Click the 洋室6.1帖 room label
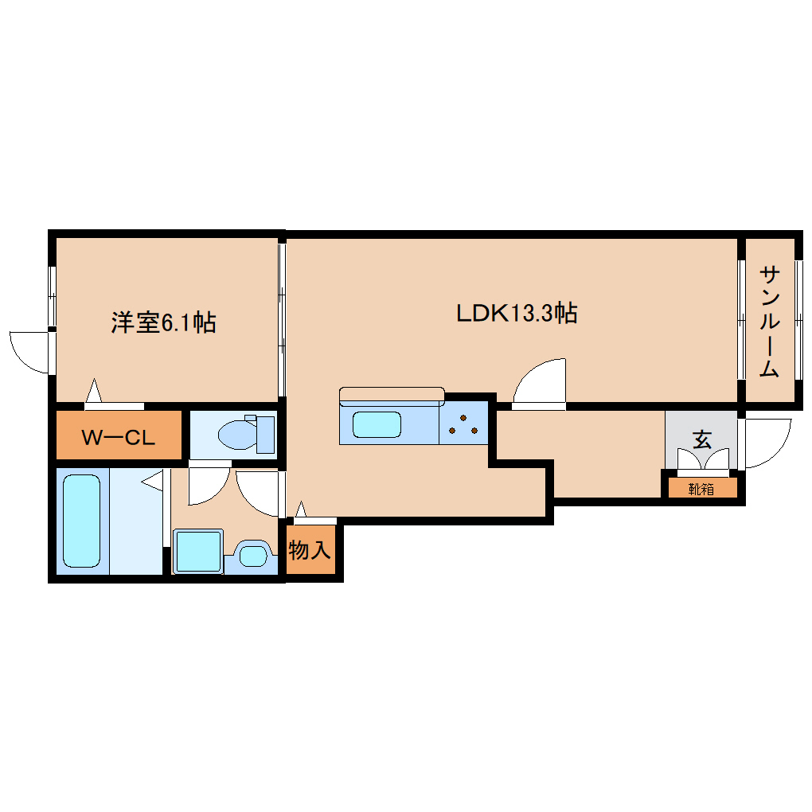click(x=163, y=322)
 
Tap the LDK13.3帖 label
click(x=516, y=313)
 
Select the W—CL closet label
click(x=119, y=437)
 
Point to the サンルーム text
click(x=769, y=322)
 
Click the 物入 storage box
click(x=310, y=550)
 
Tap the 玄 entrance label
click(x=701, y=439)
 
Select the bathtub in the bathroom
click(x=81, y=521)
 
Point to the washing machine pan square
click(x=197, y=551)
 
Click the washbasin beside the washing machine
click(x=253, y=555)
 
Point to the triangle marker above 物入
click(x=301, y=509)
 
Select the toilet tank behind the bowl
click(x=265, y=434)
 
